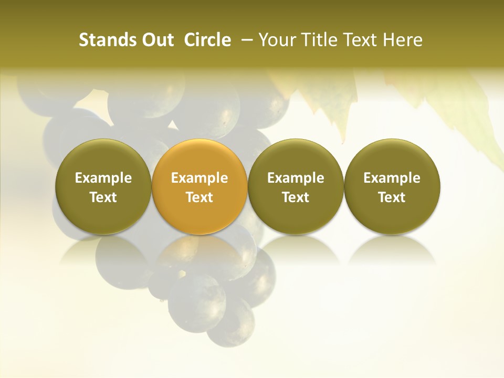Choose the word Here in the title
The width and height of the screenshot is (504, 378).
(x=403, y=40)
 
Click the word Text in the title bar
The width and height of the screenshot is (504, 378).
(x=360, y=40)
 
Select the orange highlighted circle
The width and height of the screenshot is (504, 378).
(x=199, y=187)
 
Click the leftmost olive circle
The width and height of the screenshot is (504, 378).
(x=103, y=187)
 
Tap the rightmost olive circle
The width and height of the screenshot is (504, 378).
(x=392, y=187)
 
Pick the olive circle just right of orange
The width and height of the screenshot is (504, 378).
(x=296, y=187)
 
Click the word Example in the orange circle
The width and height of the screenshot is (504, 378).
(x=199, y=178)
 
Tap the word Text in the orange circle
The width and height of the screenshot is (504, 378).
(x=199, y=197)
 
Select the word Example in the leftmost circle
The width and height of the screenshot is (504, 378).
(x=103, y=178)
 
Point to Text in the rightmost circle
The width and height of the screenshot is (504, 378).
(x=392, y=197)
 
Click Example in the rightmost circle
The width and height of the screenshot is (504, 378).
(x=392, y=178)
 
